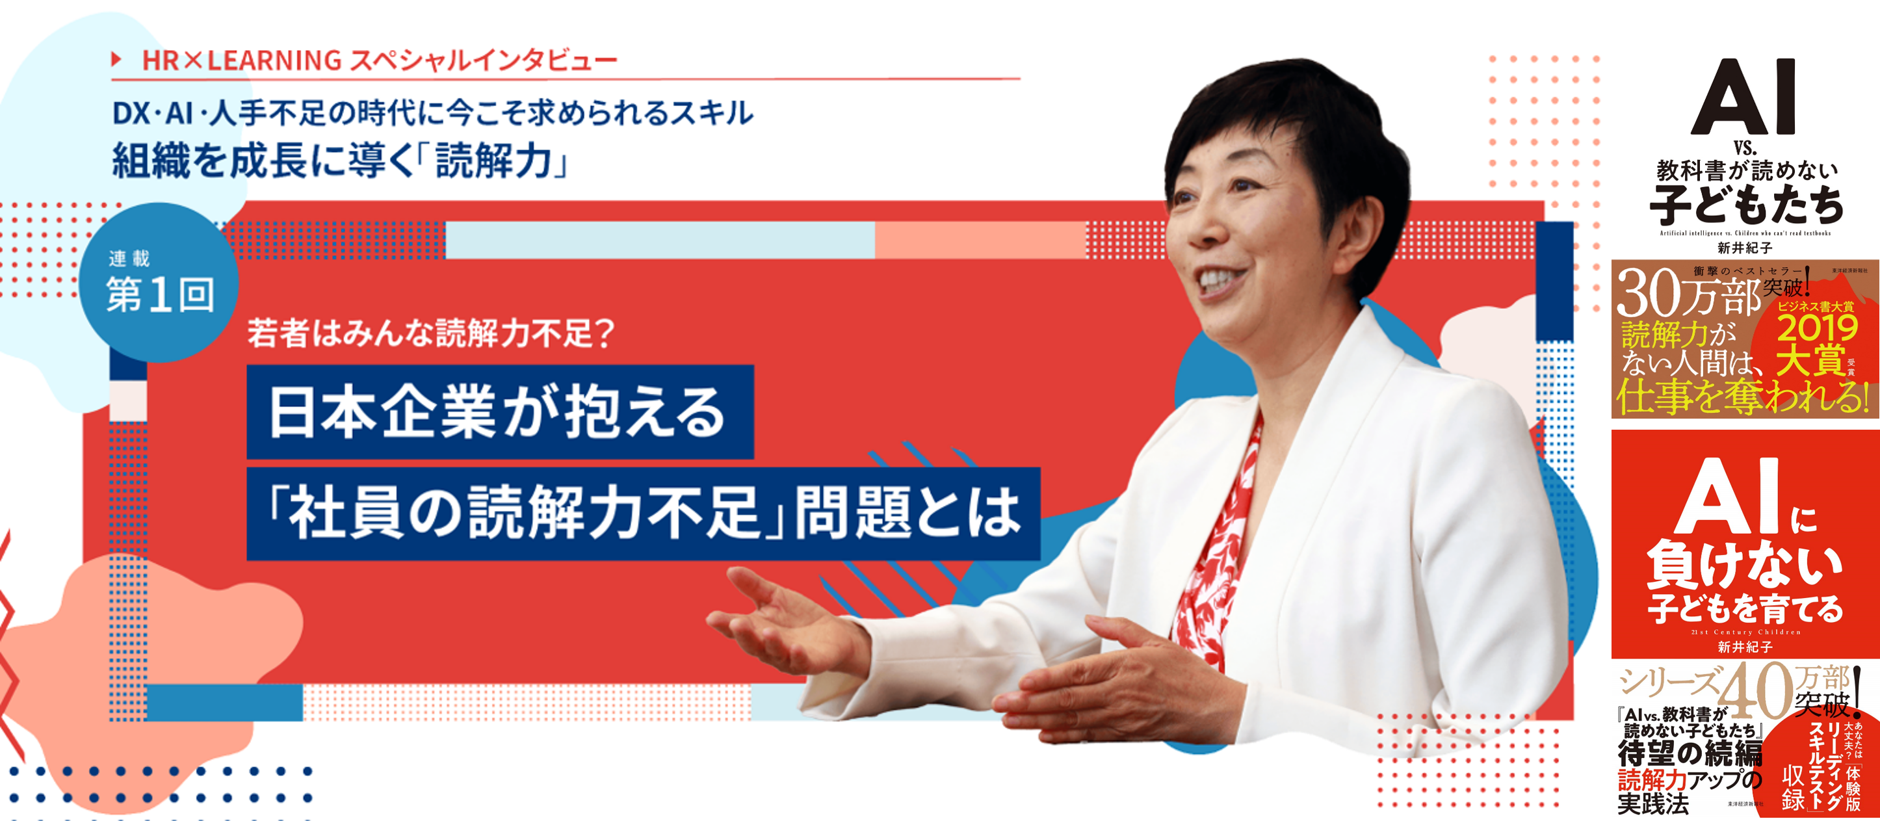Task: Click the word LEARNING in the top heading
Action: [274, 60]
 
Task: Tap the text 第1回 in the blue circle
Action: [161, 295]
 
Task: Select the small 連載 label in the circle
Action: [129, 258]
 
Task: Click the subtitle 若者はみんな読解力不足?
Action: [430, 333]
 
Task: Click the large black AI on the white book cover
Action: [1744, 99]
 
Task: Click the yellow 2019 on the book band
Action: [1816, 328]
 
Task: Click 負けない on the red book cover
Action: [1744, 566]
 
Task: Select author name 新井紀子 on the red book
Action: [1744, 647]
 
